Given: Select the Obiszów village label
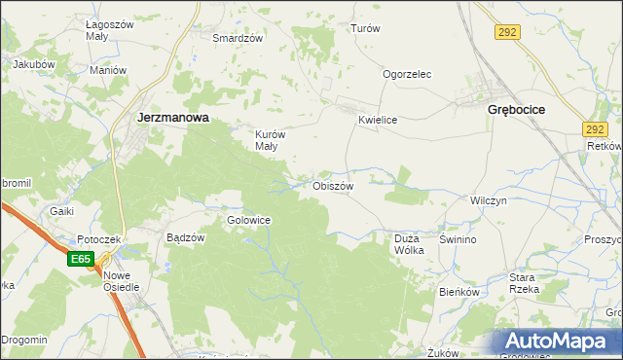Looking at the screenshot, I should (332, 185).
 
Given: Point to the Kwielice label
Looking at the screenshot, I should (379, 120).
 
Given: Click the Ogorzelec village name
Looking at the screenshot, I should (407, 74).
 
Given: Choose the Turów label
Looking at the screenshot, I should (364, 29).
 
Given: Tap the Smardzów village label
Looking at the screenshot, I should (238, 39).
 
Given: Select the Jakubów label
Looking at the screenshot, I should (32, 65).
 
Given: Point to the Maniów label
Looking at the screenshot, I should (108, 70).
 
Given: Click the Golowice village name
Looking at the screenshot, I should (248, 220).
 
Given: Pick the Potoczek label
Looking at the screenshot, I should (98, 239).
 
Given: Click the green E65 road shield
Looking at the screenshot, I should (81, 260).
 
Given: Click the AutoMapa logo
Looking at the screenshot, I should (559, 342).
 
